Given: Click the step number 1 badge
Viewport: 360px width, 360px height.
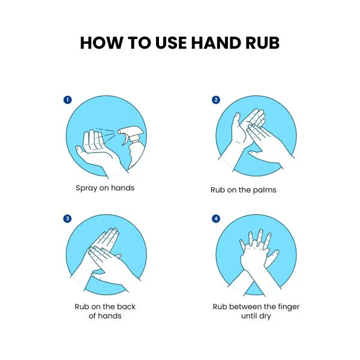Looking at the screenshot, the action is (67, 100).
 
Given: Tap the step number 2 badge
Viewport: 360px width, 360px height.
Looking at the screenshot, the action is (216, 100).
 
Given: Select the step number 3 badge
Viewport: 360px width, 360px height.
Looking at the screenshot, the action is (67, 218).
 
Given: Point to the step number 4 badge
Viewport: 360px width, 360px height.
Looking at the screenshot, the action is (216, 218).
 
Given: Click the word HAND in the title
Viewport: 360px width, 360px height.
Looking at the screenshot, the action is (216, 43).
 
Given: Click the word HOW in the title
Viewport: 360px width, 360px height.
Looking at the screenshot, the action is (101, 43).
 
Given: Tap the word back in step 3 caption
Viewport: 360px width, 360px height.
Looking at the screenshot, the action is (126, 307).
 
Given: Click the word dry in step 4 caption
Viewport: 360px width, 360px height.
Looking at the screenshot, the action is (265, 316).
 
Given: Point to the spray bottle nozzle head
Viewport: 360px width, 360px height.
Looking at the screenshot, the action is (129, 131).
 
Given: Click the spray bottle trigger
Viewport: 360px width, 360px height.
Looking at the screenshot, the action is (125, 140).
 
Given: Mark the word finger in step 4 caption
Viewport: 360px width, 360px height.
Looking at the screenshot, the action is (289, 307).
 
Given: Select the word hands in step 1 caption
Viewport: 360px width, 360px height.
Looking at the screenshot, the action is (122, 188).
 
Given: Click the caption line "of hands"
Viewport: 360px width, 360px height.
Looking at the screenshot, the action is (105, 316).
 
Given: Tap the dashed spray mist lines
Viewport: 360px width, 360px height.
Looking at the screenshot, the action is (106, 136).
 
